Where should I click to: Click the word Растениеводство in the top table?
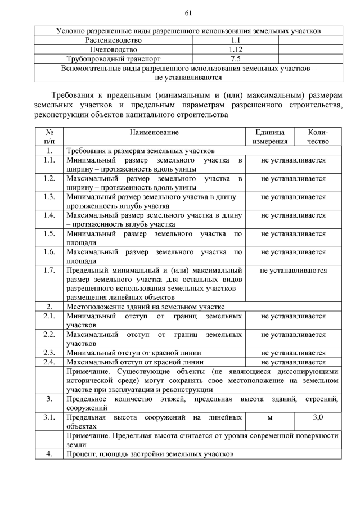pos(113,40)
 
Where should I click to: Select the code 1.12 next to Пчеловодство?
pos(235,49)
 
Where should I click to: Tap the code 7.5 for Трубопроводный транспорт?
pos(235,58)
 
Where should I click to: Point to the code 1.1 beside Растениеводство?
pos(235,40)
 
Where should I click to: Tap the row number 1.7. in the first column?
pos(49,271)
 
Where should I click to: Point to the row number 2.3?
pos(49,353)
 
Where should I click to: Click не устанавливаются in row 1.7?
pos(293,271)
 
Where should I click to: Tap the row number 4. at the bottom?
pos(49,454)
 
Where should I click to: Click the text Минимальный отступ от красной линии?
pos(134,353)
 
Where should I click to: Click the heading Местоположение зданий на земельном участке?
pos(145,307)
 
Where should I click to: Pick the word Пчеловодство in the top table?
pos(113,49)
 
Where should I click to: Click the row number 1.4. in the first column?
pos(49,215)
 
